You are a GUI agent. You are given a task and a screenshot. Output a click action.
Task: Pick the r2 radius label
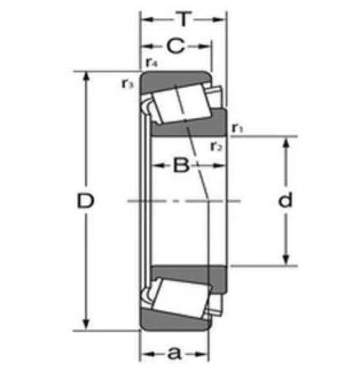(x=216, y=146)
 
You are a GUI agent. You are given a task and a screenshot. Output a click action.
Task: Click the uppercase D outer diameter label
(x=85, y=202)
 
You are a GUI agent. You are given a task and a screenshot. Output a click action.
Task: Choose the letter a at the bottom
(x=175, y=353)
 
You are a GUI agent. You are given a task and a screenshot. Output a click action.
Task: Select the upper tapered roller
(x=181, y=102)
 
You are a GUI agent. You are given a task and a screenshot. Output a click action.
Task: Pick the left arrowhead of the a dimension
(x=145, y=353)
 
